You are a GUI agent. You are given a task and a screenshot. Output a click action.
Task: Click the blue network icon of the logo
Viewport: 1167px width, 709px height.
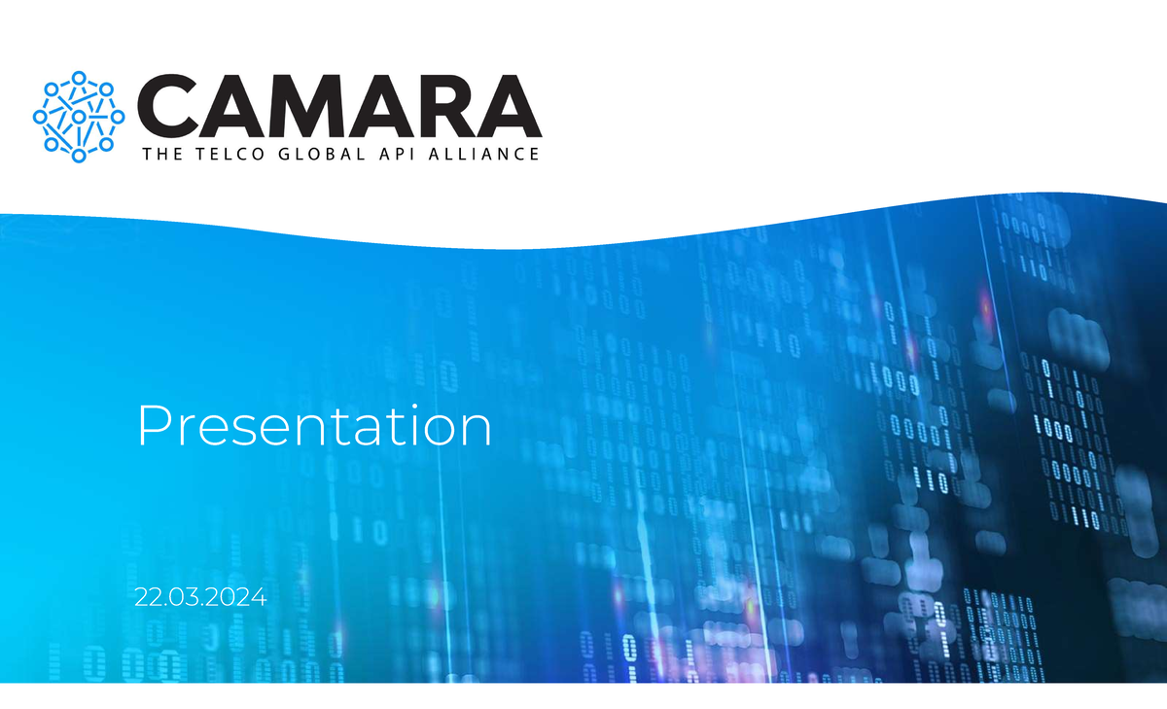[x=79, y=116]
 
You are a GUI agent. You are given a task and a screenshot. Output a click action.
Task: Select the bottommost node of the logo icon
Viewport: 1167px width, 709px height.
[x=79, y=154]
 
